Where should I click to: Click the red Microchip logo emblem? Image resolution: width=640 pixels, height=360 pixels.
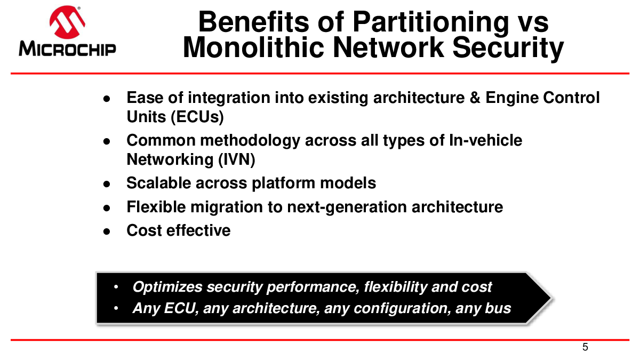click(67, 22)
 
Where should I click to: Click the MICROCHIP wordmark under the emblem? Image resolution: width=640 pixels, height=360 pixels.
click(67, 49)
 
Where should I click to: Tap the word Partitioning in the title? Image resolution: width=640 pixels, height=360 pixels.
click(431, 23)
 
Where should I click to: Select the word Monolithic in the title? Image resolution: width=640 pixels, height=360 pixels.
click(253, 47)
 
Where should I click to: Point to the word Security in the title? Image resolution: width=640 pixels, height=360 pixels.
click(508, 49)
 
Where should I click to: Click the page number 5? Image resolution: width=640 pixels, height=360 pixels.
click(585, 347)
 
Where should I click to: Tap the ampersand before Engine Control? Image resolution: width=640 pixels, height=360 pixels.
click(475, 98)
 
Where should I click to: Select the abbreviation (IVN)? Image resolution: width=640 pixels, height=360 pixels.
click(237, 159)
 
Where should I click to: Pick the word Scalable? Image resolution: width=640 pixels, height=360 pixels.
click(158, 183)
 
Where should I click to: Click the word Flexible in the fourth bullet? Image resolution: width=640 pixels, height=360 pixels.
click(156, 207)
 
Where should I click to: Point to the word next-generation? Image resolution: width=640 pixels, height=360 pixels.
click(347, 207)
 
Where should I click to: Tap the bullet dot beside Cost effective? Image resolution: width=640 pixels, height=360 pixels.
click(107, 231)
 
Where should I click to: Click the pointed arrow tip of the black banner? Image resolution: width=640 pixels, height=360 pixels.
click(551, 298)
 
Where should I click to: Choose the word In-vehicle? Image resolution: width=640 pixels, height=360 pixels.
click(486, 140)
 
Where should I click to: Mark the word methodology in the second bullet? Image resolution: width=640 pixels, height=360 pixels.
click(250, 141)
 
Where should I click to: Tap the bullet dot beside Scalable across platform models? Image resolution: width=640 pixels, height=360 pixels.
click(107, 184)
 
